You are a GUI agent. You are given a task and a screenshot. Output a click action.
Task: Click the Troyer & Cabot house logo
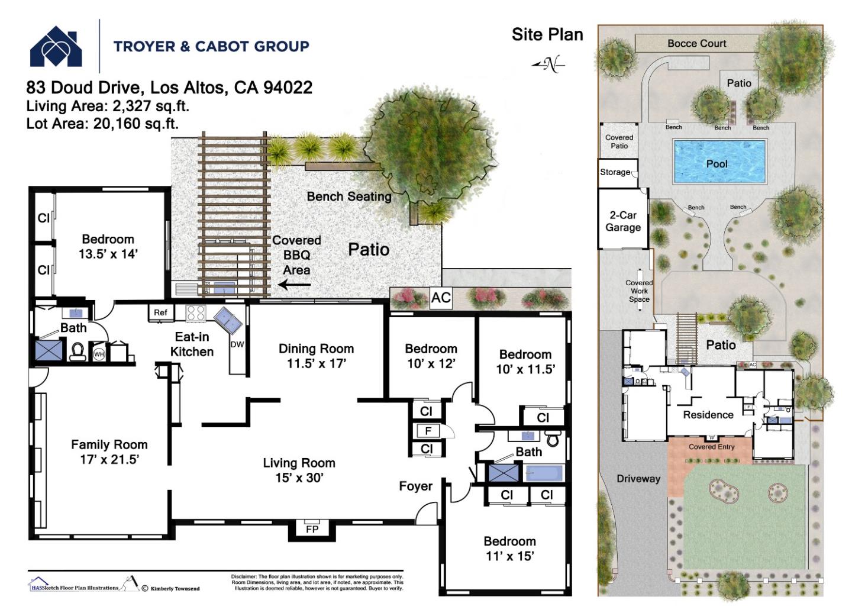(x=56, y=47)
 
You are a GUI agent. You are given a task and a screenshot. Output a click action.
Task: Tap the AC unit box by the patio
(x=441, y=298)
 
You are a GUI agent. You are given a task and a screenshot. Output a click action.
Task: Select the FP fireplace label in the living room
(x=312, y=529)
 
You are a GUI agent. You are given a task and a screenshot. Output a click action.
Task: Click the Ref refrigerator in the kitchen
(x=160, y=312)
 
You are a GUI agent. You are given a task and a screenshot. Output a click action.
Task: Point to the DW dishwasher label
(x=237, y=344)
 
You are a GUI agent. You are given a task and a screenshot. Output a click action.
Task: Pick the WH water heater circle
(x=99, y=354)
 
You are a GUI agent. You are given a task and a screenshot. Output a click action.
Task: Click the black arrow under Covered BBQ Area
(x=295, y=285)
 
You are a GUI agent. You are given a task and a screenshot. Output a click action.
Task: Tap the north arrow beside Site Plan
(x=548, y=64)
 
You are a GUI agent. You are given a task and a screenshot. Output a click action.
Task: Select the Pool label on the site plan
(x=717, y=164)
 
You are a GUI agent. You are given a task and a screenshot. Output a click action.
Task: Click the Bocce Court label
(x=696, y=43)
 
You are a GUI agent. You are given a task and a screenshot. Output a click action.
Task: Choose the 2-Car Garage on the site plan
(x=623, y=221)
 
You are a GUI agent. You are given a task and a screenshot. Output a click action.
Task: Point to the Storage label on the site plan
(x=615, y=172)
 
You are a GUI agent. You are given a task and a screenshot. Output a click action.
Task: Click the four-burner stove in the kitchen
(x=196, y=313)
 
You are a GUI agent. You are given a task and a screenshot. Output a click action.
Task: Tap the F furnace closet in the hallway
(x=428, y=431)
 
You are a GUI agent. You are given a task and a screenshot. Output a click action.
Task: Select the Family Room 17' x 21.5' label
(x=109, y=452)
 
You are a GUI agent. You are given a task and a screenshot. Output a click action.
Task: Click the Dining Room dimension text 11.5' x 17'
(x=316, y=364)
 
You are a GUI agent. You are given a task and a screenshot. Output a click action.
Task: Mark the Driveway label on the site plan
(x=638, y=479)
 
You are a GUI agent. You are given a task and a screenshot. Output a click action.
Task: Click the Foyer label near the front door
(x=415, y=486)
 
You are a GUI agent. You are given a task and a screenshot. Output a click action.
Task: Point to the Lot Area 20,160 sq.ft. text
(x=102, y=124)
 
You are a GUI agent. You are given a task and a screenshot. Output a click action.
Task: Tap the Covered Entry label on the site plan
(x=711, y=447)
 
